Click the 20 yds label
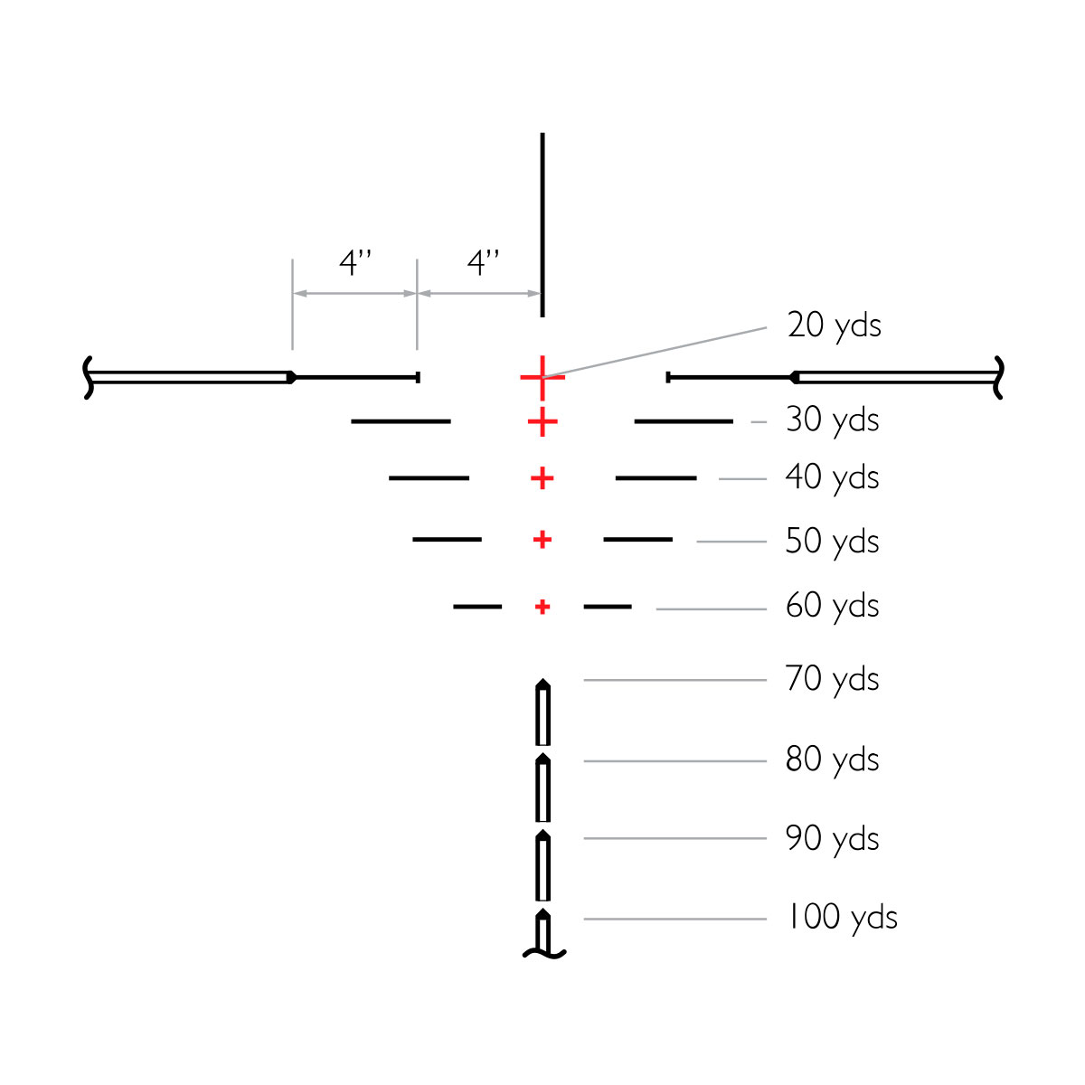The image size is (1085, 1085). pyautogui.click(x=834, y=326)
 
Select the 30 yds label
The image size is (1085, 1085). pyautogui.click(x=832, y=421)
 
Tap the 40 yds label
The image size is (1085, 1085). pyautogui.click(x=832, y=478)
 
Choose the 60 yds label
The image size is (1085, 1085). pyautogui.click(x=832, y=607)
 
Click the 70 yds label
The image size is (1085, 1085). pyautogui.click(x=832, y=680)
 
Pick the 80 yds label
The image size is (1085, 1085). pyautogui.click(x=832, y=760)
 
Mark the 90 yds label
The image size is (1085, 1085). pyautogui.click(x=832, y=840)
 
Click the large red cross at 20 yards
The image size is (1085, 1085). pyautogui.click(x=542, y=377)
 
